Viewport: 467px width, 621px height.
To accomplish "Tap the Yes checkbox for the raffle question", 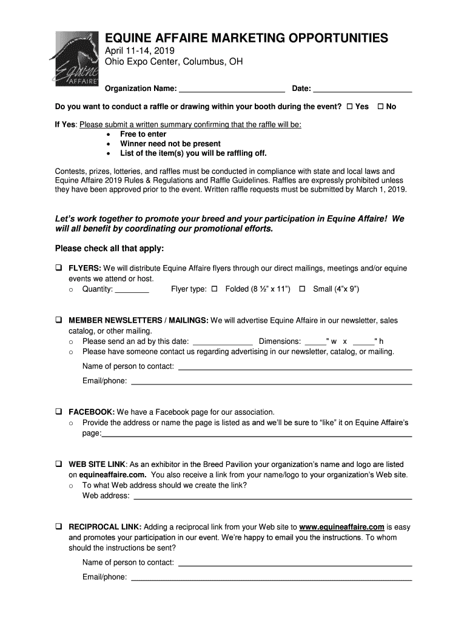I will point(349,107).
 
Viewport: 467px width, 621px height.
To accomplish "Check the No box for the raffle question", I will point(380,107).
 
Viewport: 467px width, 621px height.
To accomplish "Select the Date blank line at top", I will point(363,90).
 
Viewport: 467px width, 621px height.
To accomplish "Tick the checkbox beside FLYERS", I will point(59,268).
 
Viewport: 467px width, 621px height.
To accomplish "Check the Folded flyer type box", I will point(214,289).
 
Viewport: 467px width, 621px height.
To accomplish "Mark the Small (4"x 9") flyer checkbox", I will point(302,289).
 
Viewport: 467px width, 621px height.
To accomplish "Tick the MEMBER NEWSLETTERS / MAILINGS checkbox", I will point(59,320).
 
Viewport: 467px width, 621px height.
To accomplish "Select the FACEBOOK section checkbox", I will point(59,411).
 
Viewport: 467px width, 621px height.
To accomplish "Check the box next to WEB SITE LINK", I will point(59,464).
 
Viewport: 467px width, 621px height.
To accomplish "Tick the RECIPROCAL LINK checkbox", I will point(59,527).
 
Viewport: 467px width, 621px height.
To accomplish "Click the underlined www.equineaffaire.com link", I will point(342,527).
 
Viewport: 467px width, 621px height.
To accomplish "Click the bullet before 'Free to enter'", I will point(108,134).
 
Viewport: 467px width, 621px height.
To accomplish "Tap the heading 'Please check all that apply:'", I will point(109,249).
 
